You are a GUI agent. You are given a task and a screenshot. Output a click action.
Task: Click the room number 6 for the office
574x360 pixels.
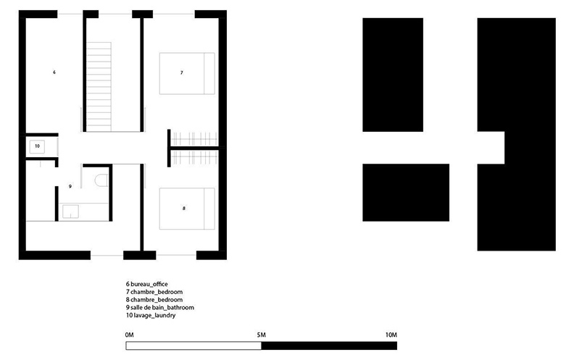point(54,72)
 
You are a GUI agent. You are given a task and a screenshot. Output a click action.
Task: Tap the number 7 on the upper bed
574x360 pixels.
point(182,73)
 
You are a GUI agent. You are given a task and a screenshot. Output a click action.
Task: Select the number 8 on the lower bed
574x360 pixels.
point(184,209)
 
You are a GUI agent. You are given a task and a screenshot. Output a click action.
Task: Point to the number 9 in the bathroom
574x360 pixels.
point(70,186)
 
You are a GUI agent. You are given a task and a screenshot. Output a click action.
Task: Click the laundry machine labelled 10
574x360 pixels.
point(37,146)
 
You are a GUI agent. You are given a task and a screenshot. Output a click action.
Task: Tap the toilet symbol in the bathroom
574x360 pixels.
point(101,180)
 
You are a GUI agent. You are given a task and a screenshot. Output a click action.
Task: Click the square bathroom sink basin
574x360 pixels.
point(70,212)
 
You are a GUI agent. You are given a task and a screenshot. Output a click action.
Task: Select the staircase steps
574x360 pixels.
point(99,87)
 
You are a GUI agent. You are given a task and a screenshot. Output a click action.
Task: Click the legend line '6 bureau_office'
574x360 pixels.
point(147,284)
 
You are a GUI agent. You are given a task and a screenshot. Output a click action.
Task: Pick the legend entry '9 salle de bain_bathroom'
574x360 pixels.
point(160,307)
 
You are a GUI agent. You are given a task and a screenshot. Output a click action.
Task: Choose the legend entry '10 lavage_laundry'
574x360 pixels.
point(151,315)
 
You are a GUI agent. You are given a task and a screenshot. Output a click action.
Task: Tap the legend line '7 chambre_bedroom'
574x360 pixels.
point(154,292)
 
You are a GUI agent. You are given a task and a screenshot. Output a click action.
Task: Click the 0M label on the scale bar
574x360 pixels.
point(129,335)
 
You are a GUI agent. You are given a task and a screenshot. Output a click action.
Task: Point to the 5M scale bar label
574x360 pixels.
point(262,335)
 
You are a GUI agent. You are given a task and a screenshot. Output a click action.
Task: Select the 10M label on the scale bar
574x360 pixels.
point(391,335)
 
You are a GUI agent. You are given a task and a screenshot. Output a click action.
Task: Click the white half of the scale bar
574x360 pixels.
point(194,346)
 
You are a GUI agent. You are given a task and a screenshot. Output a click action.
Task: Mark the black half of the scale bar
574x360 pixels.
point(329,346)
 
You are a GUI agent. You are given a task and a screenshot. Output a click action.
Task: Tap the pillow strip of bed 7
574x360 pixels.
point(209,74)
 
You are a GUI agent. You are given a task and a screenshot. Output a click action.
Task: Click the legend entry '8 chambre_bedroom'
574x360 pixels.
point(154,299)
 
